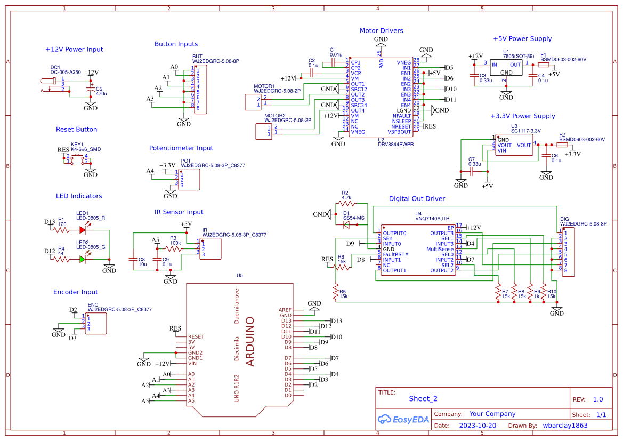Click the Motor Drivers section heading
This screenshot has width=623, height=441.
381,31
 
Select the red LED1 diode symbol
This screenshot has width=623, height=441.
82,230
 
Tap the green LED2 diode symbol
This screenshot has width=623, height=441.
82,259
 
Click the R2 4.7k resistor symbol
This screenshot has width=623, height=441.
346,203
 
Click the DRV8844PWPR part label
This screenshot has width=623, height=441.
395,144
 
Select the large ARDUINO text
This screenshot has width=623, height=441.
250,341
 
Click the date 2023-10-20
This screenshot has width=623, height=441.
477,426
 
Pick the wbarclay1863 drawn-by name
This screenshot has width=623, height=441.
565,426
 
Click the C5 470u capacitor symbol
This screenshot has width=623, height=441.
91,92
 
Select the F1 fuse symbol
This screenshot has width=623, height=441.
543,65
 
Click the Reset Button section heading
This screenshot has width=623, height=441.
76,130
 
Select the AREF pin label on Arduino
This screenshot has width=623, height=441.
285,310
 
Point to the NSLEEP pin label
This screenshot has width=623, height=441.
401,121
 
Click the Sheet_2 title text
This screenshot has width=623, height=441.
423,399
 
